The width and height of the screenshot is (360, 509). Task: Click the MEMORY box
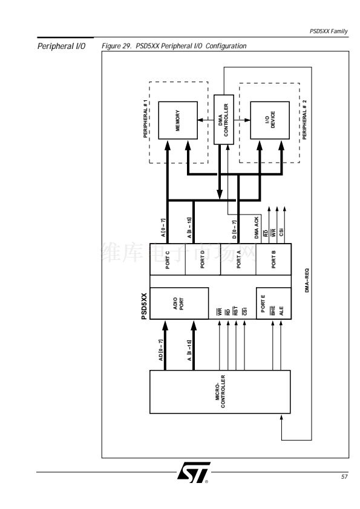click(x=178, y=120)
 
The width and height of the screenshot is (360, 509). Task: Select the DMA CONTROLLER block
click(x=223, y=120)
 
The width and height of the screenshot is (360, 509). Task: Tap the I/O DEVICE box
click(x=270, y=120)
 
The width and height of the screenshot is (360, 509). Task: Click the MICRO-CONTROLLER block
click(x=220, y=392)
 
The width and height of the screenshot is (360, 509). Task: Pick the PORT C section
click(x=168, y=259)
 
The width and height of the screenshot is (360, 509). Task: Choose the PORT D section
click(x=203, y=259)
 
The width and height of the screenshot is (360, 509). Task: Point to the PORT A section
click(x=238, y=259)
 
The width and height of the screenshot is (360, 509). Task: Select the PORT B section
click(x=273, y=259)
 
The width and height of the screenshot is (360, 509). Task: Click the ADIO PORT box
click(x=179, y=303)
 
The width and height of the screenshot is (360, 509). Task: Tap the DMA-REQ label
click(x=307, y=280)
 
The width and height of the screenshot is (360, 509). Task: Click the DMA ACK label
click(x=257, y=228)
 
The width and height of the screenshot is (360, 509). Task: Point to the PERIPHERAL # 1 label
click(x=146, y=119)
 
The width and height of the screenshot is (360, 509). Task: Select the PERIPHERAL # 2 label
click(x=304, y=120)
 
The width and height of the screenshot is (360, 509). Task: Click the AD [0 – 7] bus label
click(x=160, y=350)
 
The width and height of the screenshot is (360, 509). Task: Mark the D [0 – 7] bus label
click(x=234, y=230)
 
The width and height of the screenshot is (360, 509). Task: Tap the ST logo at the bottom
click(x=194, y=472)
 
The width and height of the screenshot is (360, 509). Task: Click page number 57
click(x=344, y=476)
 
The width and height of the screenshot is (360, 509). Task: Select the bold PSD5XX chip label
click(x=144, y=306)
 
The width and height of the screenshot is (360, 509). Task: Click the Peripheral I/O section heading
click(x=61, y=46)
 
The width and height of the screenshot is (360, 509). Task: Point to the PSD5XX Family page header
click(x=329, y=31)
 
